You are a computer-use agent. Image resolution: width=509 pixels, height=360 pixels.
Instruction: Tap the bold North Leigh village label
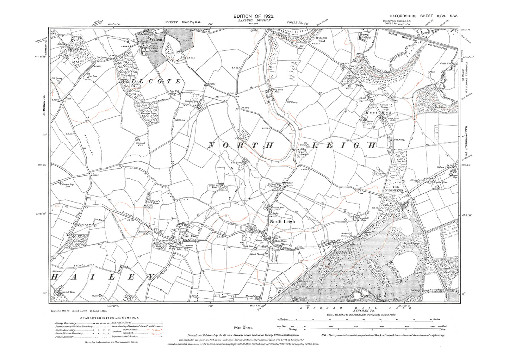(282, 222)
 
